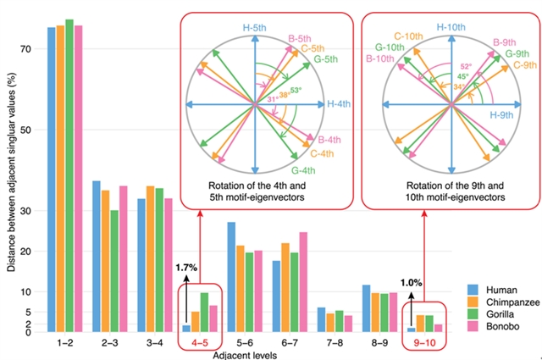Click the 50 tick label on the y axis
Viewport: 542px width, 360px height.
click(x=25, y=130)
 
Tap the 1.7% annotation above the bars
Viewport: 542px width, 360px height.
click(x=187, y=268)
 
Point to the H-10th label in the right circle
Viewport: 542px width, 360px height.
click(x=451, y=27)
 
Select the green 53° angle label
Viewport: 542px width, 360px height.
click(x=296, y=87)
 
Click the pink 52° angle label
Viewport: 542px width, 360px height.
click(x=465, y=66)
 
